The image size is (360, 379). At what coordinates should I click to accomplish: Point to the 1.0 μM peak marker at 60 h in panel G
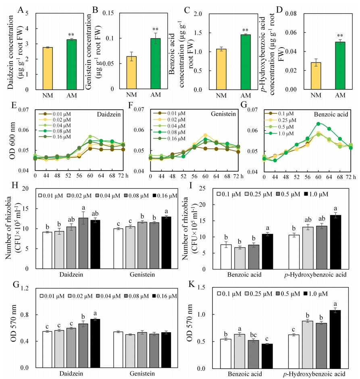318,124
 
